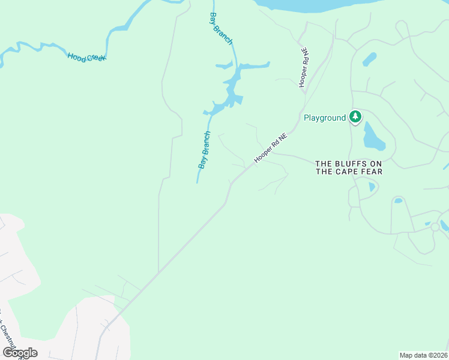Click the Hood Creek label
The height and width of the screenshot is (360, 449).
86,58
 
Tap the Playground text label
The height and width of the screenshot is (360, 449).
325,118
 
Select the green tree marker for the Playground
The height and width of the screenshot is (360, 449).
355,117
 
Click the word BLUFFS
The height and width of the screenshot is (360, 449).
352,163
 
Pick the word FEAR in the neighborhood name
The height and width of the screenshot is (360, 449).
372,172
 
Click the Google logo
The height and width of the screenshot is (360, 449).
20,353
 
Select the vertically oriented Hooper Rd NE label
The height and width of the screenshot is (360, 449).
304,68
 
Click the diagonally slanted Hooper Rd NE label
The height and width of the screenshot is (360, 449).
271,148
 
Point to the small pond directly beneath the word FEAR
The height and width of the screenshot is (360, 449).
372,187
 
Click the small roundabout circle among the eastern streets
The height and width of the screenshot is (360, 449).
435,227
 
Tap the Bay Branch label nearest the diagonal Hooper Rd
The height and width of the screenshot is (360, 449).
205,149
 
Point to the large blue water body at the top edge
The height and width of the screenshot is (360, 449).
312,5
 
